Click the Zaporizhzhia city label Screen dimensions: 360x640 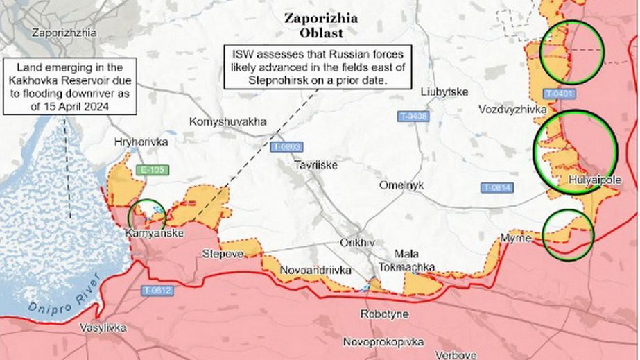pos(63,32)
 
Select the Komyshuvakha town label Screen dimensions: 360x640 pos(227,122)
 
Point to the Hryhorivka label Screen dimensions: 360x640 pos(141,142)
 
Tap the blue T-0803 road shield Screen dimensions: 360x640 pos(286,146)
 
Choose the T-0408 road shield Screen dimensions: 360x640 pos(413,117)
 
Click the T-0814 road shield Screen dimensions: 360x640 pos(497,187)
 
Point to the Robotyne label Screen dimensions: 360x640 pos(384,314)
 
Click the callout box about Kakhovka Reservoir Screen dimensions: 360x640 pos(62,87)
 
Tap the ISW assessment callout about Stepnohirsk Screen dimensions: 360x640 pos(318,67)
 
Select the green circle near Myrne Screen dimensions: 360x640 pos(568,235)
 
